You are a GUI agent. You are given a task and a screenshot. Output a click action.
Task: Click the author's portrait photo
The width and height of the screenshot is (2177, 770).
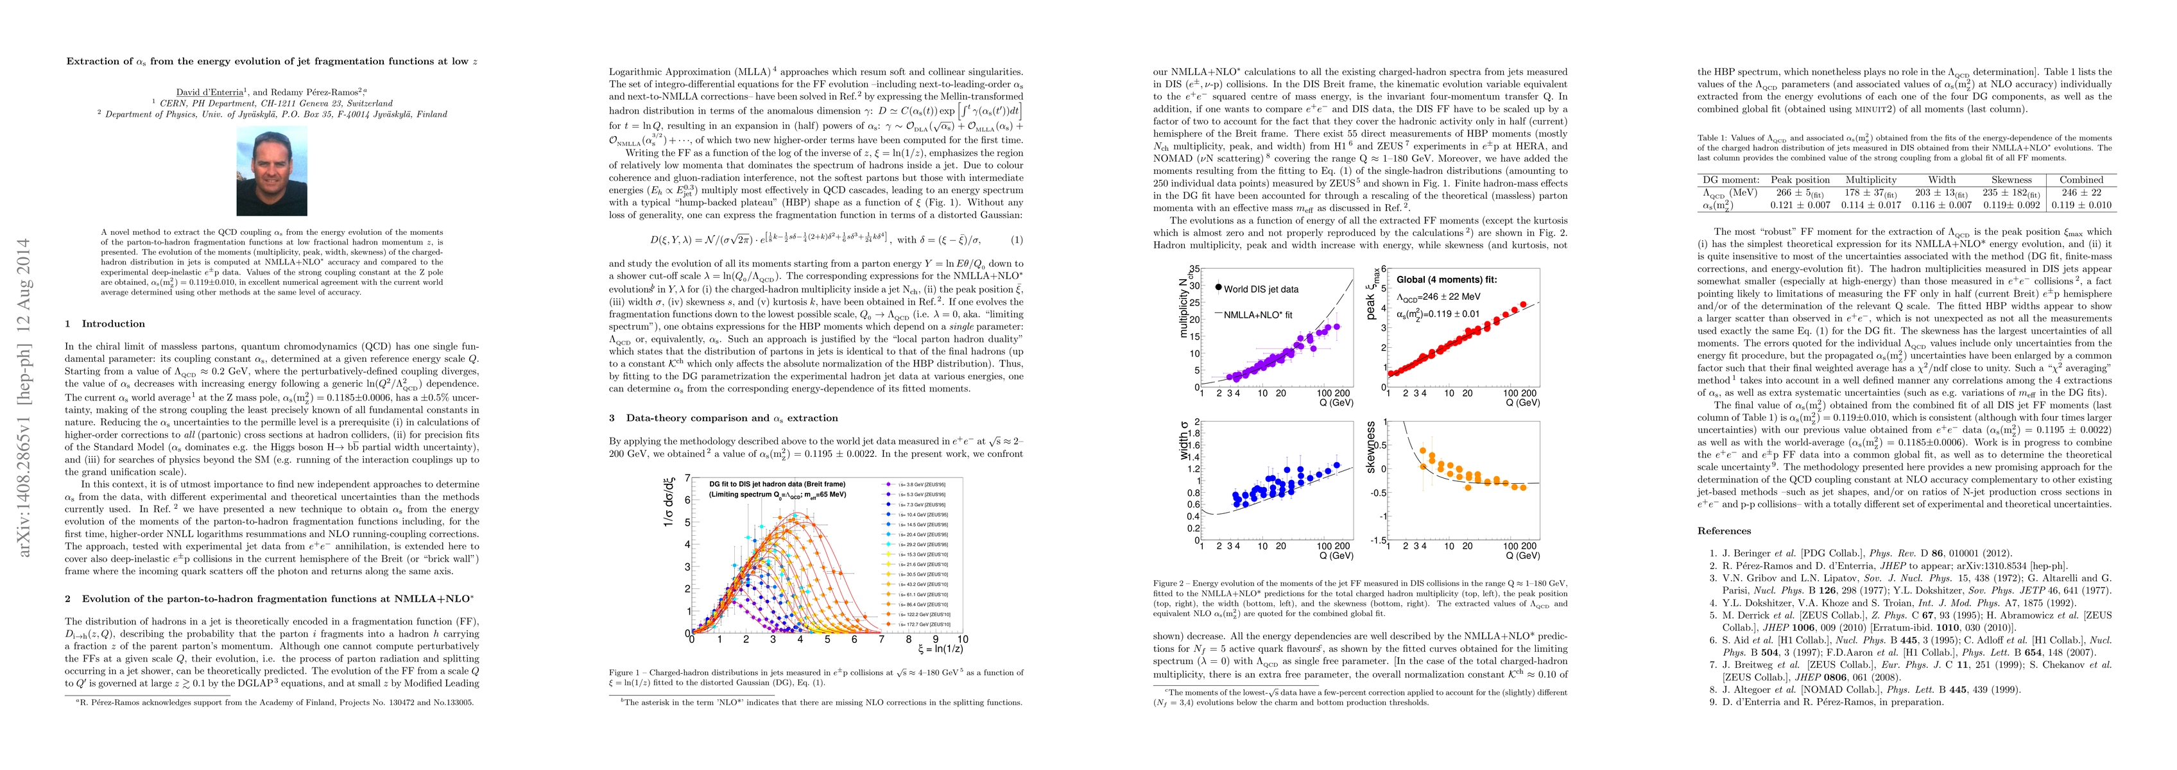[x=271, y=171]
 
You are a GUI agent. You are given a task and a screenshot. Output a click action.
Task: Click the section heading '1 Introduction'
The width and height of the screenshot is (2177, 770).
[x=106, y=324]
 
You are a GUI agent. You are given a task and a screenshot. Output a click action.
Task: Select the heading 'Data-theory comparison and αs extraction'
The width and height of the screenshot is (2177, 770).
[x=732, y=418]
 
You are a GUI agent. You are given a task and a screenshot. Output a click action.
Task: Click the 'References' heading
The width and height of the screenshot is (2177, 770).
[x=1724, y=531]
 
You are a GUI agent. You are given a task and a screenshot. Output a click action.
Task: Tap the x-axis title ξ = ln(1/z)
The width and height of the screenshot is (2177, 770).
[x=939, y=649]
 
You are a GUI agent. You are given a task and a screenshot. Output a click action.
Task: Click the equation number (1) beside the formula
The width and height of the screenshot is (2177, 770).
[x=1017, y=240]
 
